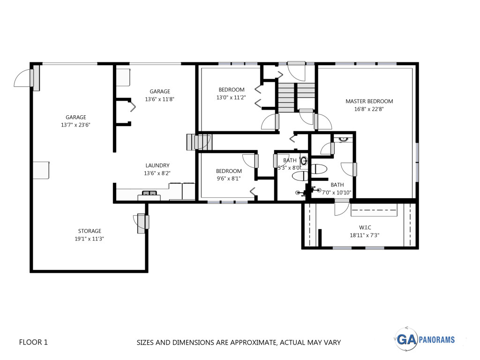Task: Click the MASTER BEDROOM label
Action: tap(369, 101)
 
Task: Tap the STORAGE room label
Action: tap(90, 231)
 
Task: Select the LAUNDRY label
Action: tap(157, 165)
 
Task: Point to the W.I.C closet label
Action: tap(365, 227)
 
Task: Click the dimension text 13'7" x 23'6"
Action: tap(75, 125)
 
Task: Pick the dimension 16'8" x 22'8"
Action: tap(369, 109)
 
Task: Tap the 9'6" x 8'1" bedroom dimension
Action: tap(229, 179)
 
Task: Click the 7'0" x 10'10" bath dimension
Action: tap(337, 193)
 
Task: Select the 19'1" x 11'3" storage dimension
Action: tap(90, 239)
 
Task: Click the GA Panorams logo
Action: tap(425, 339)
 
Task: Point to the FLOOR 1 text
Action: tap(33, 342)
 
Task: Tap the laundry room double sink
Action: tap(149, 193)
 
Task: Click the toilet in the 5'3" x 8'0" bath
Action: tap(301, 176)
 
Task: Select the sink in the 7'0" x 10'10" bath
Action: tap(343, 139)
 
